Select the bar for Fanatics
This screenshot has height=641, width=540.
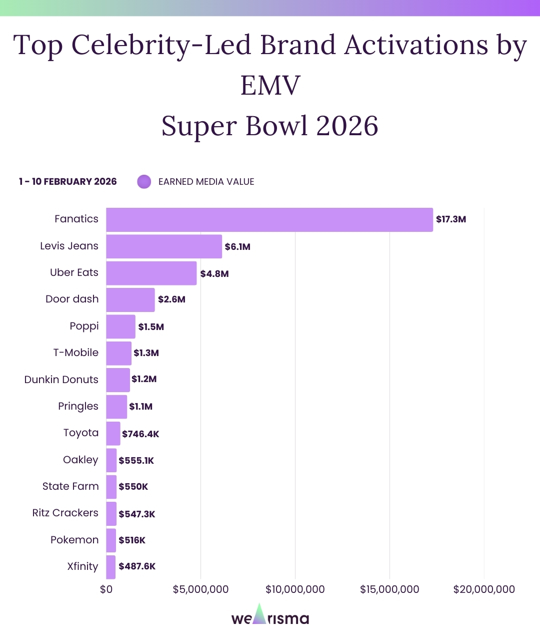269,220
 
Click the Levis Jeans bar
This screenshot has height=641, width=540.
164,246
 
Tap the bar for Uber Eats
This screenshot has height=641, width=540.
151,273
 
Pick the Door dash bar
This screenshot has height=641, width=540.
130,300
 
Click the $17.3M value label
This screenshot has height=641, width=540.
451,219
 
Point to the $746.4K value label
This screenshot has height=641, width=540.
140,434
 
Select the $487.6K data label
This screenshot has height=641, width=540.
137,566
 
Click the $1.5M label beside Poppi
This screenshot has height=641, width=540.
151,327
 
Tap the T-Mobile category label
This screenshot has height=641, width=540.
76,353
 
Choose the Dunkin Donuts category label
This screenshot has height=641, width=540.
61,380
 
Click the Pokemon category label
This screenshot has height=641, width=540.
74,540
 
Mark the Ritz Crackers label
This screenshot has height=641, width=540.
65,513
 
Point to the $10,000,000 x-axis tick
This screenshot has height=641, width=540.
295,589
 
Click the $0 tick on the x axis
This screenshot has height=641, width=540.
106,589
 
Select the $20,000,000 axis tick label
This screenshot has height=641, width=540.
484,589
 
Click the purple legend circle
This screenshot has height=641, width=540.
144,182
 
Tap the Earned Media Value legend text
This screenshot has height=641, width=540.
206,182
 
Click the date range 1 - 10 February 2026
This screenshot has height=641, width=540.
68,182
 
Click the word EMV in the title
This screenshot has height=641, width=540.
270,85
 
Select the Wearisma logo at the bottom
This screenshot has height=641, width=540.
270,616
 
